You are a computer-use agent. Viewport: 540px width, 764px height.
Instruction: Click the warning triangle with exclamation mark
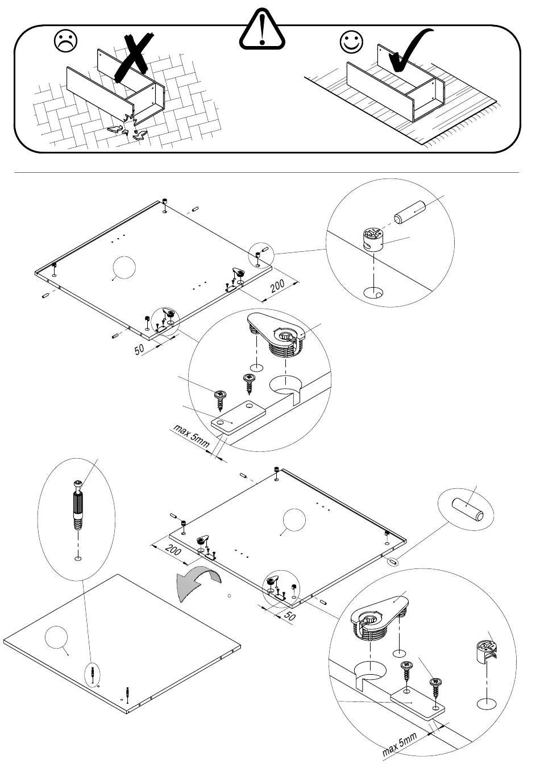261,30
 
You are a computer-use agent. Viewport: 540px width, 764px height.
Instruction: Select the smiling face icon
351,41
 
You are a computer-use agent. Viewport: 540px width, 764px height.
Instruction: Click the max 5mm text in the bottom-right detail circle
400,744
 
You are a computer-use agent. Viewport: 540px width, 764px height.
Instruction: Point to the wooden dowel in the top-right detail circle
409,213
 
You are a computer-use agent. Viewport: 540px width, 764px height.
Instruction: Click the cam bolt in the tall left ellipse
78,505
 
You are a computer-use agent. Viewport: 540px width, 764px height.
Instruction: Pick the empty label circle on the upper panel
124,267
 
